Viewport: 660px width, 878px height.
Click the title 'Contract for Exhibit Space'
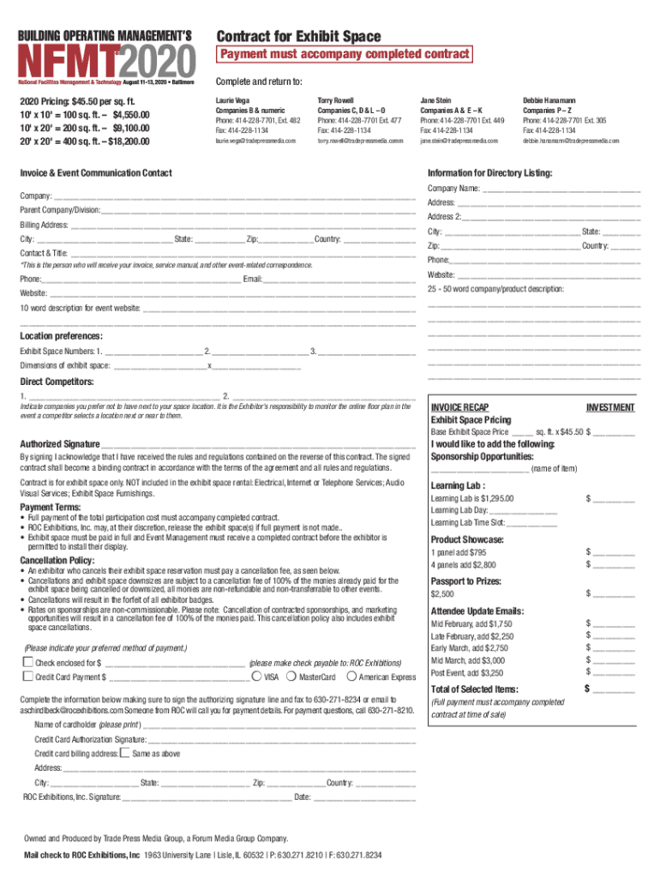pyautogui.click(x=298, y=35)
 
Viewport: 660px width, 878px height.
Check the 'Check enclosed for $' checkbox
pyautogui.click(x=27, y=662)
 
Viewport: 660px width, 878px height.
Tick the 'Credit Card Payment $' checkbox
pyautogui.click(x=27, y=677)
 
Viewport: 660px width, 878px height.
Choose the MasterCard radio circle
pyautogui.click(x=292, y=677)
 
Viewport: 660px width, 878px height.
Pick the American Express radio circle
pyautogui.click(x=352, y=677)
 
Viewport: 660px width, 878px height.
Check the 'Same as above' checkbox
pyautogui.click(x=124, y=753)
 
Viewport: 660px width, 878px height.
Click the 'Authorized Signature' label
pyautogui.click(x=59, y=444)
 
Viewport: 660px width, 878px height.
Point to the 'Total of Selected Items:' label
pyautogui.click(x=474, y=689)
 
